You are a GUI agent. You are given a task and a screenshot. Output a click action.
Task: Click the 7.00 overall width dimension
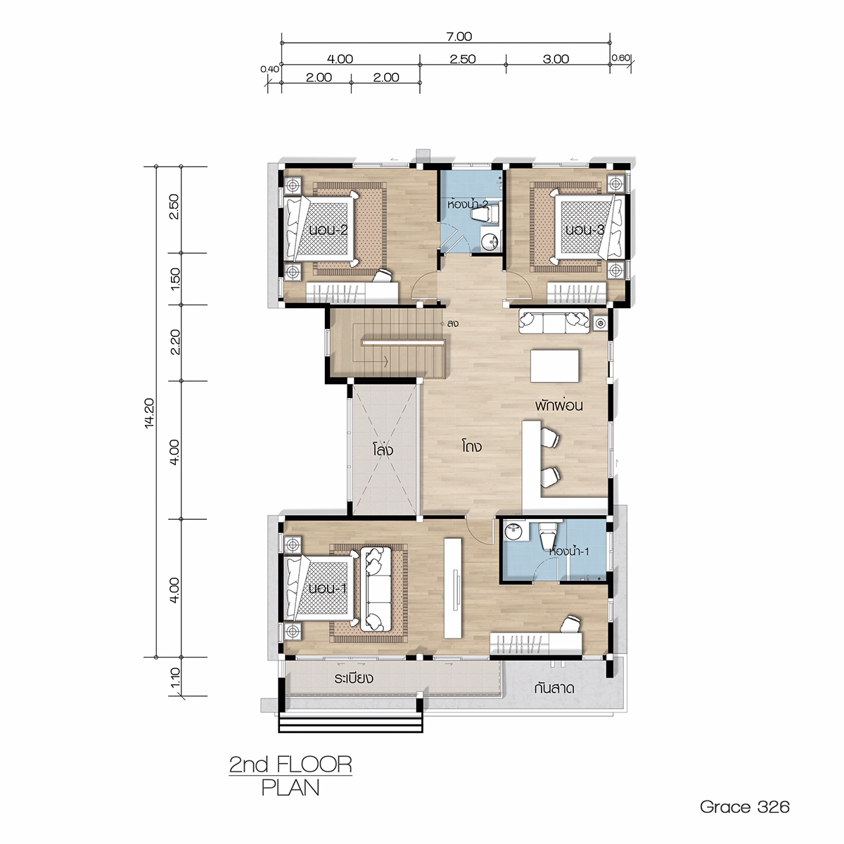(459, 37)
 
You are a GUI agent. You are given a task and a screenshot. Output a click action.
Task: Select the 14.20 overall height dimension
(150, 413)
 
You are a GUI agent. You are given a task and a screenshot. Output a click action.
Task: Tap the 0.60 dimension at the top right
(620, 58)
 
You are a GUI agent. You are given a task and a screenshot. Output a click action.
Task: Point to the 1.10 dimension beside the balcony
(174, 677)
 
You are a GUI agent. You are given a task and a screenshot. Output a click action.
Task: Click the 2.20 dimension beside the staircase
(174, 342)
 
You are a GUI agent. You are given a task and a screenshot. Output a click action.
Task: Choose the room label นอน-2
(328, 230)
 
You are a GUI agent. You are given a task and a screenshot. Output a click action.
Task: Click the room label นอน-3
(584, 230)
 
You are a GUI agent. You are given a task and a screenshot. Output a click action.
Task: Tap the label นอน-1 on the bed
(327, 588)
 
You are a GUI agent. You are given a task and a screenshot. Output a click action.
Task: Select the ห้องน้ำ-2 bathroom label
(467, 205)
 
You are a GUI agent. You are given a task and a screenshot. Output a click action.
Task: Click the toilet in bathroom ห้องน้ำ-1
(547, 535)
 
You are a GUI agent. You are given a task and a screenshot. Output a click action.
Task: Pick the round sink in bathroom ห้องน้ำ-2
(490, 241)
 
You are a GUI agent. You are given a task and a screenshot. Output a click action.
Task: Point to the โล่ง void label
(383, 450)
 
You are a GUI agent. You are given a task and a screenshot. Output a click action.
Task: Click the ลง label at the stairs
(452, 324)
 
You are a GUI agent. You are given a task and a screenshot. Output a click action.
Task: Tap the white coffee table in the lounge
(555, 366)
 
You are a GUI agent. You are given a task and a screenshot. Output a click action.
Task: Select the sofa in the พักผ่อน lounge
(554, 321)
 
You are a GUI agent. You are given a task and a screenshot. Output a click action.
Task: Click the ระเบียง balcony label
(354, 679)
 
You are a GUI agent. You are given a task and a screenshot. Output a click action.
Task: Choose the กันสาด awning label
(554, 689)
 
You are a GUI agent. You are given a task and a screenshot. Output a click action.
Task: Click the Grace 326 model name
(745, 807)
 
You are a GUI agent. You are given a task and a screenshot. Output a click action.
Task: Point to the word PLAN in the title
(290, 788)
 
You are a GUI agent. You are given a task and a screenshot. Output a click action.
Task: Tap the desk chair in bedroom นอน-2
(381, 277)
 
